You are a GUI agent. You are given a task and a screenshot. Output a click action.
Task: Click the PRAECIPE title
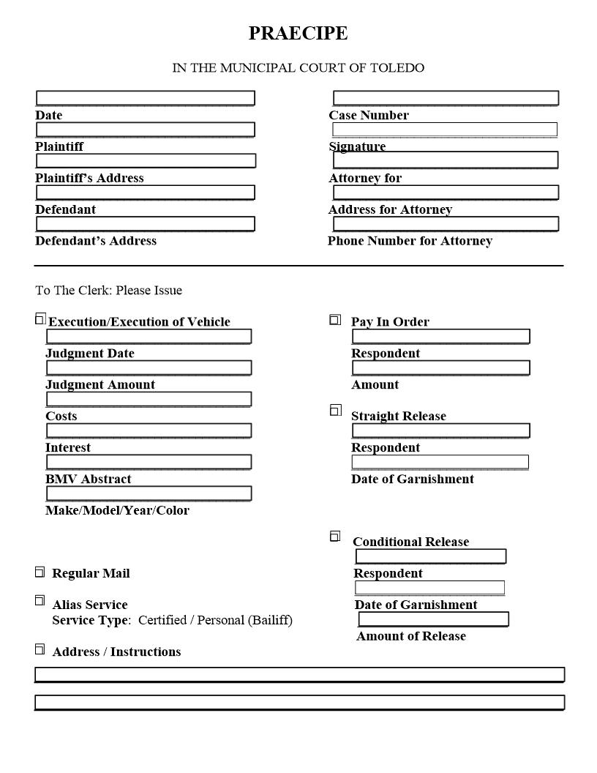[298, 34]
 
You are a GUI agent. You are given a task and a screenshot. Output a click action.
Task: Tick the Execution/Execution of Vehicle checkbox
[40, 318]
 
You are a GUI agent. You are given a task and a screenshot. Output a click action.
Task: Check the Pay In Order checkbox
[335, 320]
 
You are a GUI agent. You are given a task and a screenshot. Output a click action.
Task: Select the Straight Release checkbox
[335, 410]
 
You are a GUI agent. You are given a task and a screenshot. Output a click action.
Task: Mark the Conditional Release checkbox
[335, 537]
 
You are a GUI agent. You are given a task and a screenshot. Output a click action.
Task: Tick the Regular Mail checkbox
[40, 572]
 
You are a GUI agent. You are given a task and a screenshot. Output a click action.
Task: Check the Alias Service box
[40, 601]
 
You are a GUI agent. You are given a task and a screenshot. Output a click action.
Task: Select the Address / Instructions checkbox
[40, 649]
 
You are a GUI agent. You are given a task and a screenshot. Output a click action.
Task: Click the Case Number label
[369, 116]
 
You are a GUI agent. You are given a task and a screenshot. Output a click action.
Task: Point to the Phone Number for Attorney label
[410, 241]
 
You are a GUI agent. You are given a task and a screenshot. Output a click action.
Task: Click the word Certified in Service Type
[163, 621]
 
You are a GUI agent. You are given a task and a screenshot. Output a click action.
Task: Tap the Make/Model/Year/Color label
[117, 510]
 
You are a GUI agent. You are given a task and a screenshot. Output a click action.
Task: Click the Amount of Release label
[410, 636]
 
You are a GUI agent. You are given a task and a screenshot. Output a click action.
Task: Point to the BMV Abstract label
[89, 479]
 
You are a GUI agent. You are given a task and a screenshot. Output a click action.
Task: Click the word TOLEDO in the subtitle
[397, 68]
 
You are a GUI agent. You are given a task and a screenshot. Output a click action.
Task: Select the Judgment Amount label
[100, 385]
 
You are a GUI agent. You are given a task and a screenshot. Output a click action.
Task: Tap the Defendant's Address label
[96, 241]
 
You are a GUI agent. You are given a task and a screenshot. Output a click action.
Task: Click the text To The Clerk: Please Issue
[108, 291]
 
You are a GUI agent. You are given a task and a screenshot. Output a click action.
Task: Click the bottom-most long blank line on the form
[299, 703]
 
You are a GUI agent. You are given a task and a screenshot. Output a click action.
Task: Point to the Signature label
[358, 146]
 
